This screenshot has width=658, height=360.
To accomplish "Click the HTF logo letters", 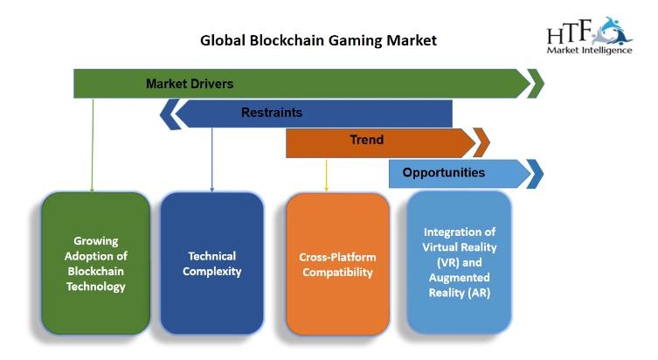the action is pyautogui.click(x=569, y=31).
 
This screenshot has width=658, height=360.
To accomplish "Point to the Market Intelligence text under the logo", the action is pyautogui.click(x=589, y=51).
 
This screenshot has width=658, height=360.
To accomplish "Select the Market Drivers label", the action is pyautogui.click(x=190, y=84).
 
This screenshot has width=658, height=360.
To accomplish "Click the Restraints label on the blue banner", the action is pyautogui.click(x=272, y=113).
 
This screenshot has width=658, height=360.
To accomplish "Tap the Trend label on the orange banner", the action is pyautogui.click(x=367, y=140).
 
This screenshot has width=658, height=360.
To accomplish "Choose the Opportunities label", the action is pyautogui.click(x=444, y=172).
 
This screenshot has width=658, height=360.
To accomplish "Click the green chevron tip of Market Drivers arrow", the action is pyautogui.click(x=536, y=84).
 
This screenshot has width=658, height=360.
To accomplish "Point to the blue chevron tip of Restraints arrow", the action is pyautogui.click(x=169, y=114).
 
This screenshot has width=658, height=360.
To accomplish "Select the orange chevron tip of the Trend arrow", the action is pyautogui.click(x=482, y=142).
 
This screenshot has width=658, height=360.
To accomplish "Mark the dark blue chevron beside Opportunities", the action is pyautogui.click(x=536, y=174).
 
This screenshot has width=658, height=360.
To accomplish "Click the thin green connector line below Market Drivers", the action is pyautogui.click(x=93, y=145).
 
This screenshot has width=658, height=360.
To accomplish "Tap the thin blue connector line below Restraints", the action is pyautogui.click(x=212, y=160).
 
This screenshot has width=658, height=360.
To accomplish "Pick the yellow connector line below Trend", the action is pyautogui.click(x=327, y=176).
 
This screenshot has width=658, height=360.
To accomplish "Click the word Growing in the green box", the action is pyautogui.click(x=95, y=241).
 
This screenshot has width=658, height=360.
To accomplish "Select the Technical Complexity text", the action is pyautogui.click(x=212, y=264).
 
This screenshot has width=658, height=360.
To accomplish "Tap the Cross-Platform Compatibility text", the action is pyautogui.click(x=338, y=265).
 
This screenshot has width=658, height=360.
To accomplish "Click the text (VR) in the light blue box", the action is pyautogui.click(x=448, y=263).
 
